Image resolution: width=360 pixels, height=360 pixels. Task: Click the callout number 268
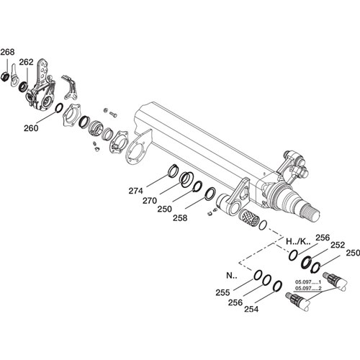7,52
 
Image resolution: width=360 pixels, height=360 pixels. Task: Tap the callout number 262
26,62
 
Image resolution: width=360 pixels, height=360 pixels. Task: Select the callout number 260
31,128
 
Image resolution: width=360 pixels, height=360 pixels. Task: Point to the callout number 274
135,191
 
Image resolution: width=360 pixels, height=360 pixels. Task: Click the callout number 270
150,201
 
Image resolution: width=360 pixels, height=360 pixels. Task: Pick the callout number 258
180,218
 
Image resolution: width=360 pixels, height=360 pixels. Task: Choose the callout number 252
338,245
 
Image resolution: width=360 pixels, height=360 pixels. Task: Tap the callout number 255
222,292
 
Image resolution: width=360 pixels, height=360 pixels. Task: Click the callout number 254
251,309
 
